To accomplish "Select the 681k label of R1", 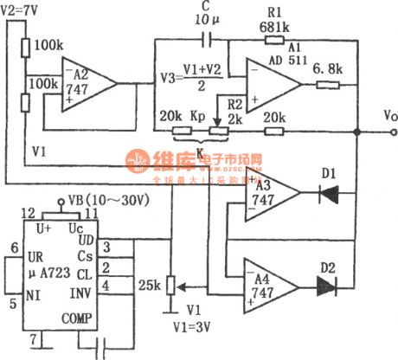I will click(x=273, y=28).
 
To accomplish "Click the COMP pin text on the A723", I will click(x=78, y=318).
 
